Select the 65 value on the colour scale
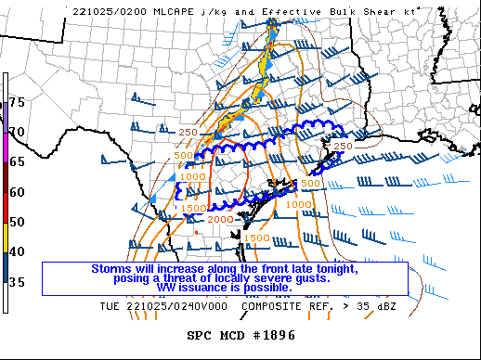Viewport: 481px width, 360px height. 16,161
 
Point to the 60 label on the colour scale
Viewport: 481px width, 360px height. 16,192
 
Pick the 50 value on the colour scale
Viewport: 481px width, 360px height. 16,222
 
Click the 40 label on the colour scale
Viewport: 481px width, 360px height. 16,252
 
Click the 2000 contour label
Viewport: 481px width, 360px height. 219,220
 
